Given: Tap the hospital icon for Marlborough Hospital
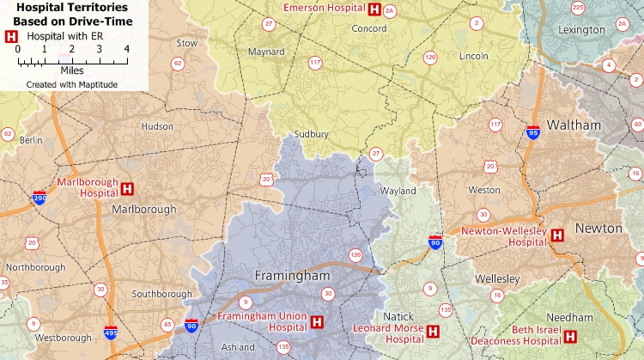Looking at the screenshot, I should tap(127, 188).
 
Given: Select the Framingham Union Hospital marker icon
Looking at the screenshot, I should tap(318, 322).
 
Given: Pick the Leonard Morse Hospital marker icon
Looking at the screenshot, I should tap(433, 331).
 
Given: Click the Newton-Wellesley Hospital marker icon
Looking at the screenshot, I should tap(556, 235).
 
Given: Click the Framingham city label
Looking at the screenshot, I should tap(293, 277).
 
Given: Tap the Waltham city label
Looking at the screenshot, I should tap(574, 125).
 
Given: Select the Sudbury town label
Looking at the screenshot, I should tap(311, 134).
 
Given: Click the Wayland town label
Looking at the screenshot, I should tap(398, 191).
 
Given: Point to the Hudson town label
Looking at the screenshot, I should tap(157, 125).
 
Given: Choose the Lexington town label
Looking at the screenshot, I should tap(581, 29).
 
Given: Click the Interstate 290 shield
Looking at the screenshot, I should tap(39, 198).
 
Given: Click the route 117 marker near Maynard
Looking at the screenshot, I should tap(315, 63).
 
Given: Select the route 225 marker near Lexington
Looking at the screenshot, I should tap(577, 8).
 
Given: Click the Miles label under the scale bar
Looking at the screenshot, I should tap(72, 70).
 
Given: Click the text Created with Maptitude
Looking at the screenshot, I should tap(71, 84).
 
